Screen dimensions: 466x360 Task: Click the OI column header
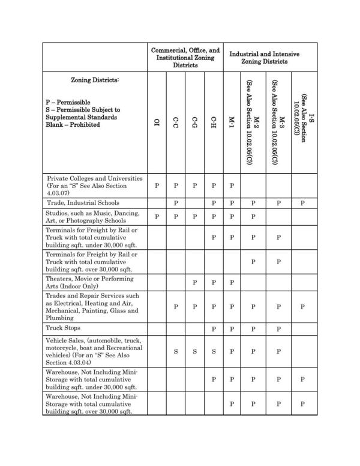pyautogui.click(x=157, y=123)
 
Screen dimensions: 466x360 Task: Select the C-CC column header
pyautogui.click(x=175, y=123)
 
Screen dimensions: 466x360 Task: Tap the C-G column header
pyautogui.click(x=194, y=123)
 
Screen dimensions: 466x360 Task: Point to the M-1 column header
pyautogui.click(x=232, y=123)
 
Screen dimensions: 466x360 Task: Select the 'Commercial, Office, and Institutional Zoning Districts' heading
pyautogui.click(x=185, y=58)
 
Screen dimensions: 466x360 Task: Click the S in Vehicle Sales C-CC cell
pyautogui.click(x=175, y=351)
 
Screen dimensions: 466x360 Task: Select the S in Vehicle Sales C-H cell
pyautogui.click(x=214, y=351)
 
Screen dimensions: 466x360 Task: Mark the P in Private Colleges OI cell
pyautogui.click(x=157, y=186)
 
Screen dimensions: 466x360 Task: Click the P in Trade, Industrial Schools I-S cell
pyautogui.click(x=303, y=204)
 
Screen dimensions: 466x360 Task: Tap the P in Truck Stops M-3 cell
pyautogui.click(x=278, y=329)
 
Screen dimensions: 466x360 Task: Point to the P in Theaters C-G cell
pyautogui.click(x=194, y=283)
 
